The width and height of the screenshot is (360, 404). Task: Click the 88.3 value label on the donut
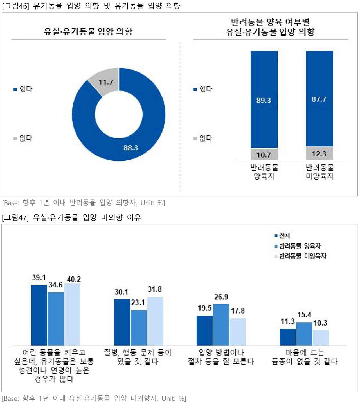tap(130, 148)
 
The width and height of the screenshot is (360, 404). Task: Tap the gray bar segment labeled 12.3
tap(319, 153)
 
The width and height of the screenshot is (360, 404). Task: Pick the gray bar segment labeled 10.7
tap(264, 154)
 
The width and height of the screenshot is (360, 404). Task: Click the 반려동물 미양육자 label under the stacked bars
tap(320, 172)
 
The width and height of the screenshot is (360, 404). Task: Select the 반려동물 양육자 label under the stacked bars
tap(264, 172)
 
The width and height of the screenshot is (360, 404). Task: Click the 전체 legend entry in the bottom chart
tap(283, 235)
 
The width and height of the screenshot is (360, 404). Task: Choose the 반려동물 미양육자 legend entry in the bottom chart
tap(300, 256)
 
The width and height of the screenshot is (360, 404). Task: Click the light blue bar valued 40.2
tap(72, 314)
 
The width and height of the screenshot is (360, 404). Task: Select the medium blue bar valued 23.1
tap(139, 328)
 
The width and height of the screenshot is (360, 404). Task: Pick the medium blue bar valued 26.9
tap(221, 324)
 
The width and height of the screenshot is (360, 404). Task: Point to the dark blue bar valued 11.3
tap(287, 337)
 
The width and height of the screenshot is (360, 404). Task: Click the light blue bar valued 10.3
tap(321, 337)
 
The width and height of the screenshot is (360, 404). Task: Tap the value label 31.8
tap(155, 289)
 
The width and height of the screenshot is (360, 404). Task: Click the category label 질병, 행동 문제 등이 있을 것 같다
tap(138, 357)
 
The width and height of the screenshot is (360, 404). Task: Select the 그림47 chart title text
tap(71, 217)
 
